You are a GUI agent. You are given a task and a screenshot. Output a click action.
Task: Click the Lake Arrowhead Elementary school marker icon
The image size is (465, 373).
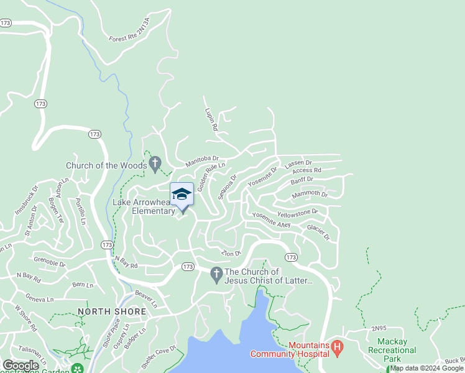click(x=182, y=194)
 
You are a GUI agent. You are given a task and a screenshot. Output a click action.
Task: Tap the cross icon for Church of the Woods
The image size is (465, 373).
click(x=155, y=165)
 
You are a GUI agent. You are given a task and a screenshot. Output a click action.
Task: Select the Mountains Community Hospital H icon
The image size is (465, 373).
click(x=338, y=346)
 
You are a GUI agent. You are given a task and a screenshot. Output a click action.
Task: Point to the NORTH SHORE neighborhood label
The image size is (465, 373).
click(x=112, y=311)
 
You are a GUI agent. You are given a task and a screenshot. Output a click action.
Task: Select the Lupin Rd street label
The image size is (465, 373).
click(x=211, y=119)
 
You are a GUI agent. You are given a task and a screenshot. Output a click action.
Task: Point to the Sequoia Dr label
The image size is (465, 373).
click(x=228, y=186)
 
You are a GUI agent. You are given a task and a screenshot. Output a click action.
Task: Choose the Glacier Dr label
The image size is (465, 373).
click(x=321, y=232)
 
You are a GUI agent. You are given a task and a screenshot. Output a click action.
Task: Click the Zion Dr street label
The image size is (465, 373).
click(x=231, y=254)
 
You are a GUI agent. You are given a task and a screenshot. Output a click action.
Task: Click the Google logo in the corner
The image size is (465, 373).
click(x=20, y=366)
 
